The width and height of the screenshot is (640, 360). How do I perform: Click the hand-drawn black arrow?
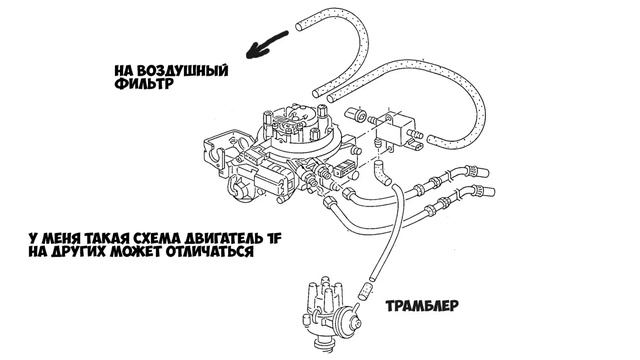click(267, 44)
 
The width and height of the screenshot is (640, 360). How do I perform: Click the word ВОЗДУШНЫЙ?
click(182, 71)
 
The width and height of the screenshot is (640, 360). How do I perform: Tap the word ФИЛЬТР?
click(144, 84)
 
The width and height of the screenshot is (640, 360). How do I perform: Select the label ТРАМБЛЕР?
click(422, 306)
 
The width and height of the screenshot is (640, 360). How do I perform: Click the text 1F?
click(274, 238)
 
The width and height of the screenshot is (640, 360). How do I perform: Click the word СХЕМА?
click(157, 238)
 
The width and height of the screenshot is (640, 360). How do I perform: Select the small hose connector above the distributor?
click(363, 292)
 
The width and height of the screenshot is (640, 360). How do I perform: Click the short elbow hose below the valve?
click(382, 172)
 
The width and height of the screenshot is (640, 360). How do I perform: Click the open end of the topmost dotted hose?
click(300, 26)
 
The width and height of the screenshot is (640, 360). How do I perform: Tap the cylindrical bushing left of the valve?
click(356, 114)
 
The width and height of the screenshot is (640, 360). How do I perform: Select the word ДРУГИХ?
click(76, 251)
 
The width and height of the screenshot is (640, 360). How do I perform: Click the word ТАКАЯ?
click(106, 238)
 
